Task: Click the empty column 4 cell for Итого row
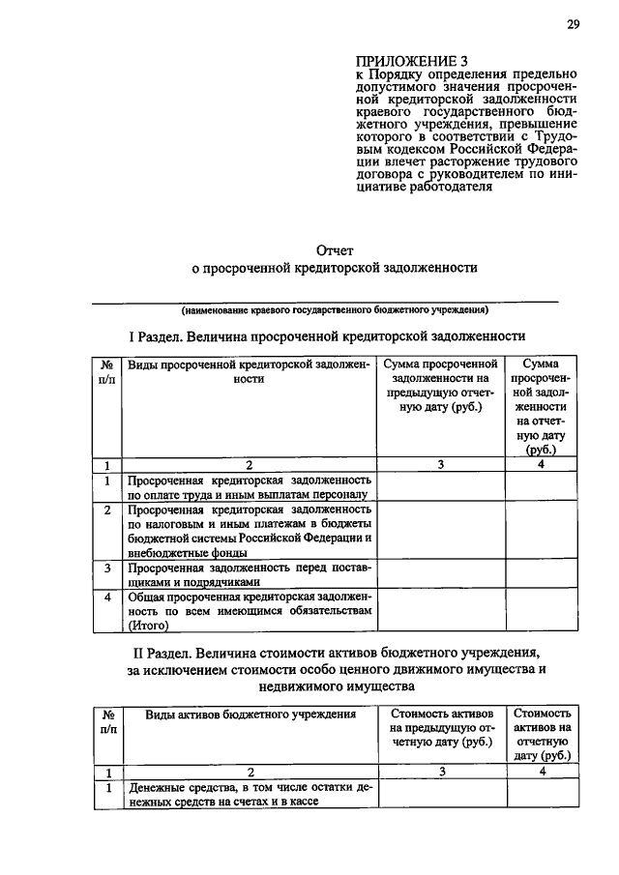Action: pos(542,611)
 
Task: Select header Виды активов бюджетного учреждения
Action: pos(250,714)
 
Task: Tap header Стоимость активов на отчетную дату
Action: pos(542,734)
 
